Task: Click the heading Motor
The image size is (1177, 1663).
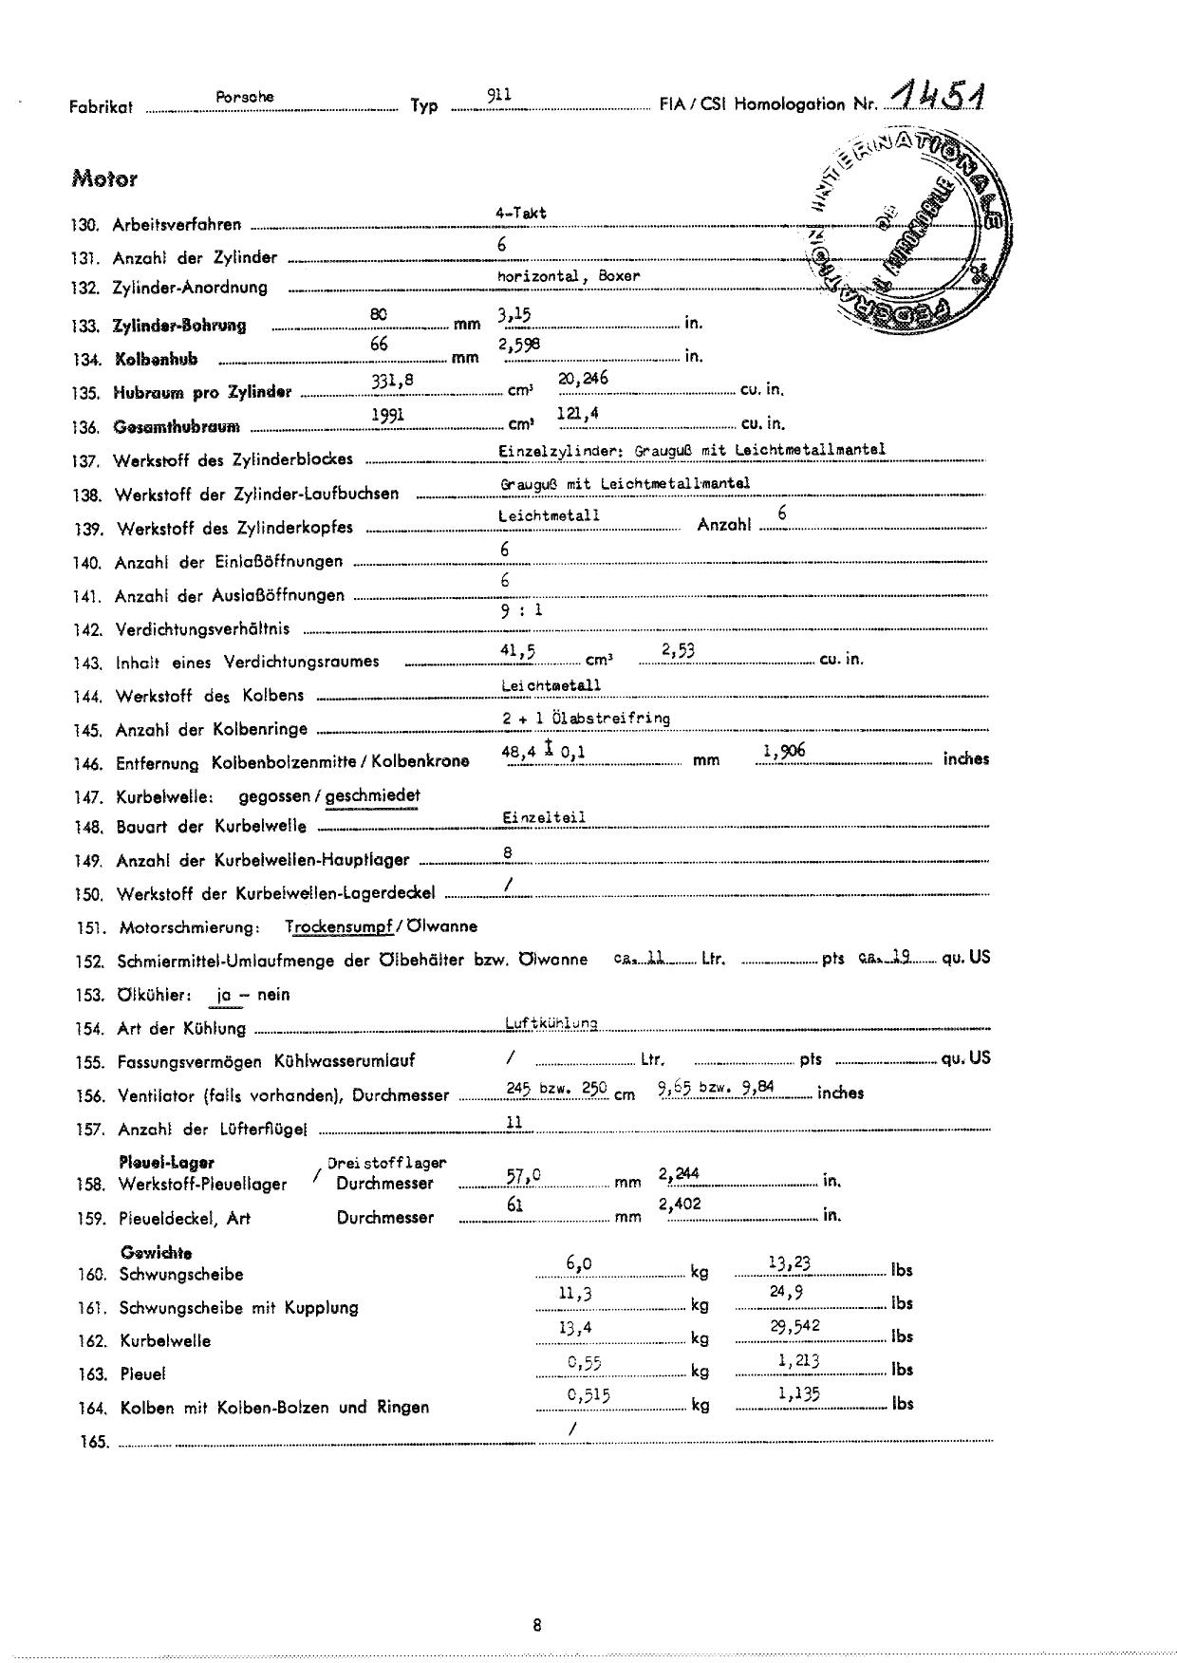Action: pyautogui.click(x=103, y=178)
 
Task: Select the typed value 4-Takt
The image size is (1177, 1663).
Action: pyautogui.click(x=520, y=214)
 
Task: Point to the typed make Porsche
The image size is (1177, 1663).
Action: pyautogui.click(x=245, y=97)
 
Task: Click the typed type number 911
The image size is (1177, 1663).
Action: pyautogui.click(x=499, y=95)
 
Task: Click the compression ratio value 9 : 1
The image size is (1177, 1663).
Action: pyautogui.click(x=521, y=610)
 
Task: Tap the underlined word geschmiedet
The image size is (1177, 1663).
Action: pyautogui.click(x=372, y=795)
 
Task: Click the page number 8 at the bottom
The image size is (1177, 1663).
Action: pyautogui.click(x=537, y=1625)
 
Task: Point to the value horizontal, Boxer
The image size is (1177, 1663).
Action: pyautogui.click(x=569, y=276)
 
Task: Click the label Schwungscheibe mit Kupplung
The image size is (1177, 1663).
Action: pyautogui.click(x=238, y=1308)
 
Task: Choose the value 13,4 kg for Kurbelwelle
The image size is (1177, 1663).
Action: pyautogui.click(x=575, y=1328)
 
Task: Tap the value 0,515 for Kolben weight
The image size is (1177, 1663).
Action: pyautogui.click(x=588, y=1394)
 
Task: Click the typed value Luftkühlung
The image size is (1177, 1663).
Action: pyautogui.click(x=551, y=1023)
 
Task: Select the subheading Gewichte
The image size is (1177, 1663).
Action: pyautogui.click(x=156, y=1253)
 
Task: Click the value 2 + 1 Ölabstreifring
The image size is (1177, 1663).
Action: pyautogui.click(x=586, y=719)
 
